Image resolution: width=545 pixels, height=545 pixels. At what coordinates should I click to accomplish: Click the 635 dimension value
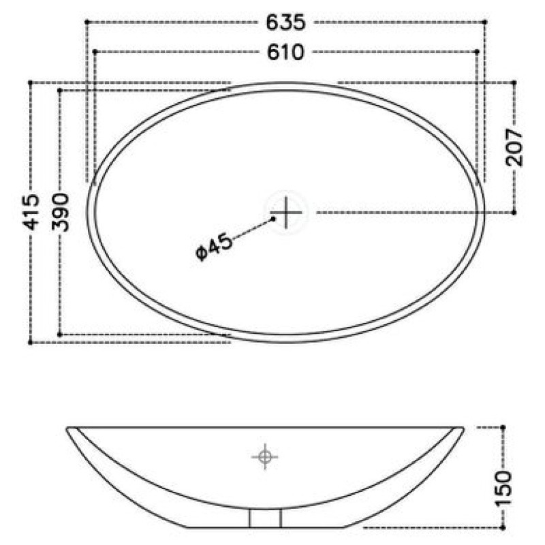pos(285,22)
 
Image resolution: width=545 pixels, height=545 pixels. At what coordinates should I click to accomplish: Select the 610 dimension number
pos(285,52)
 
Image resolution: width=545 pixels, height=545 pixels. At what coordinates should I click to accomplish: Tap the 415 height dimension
pos(31,212)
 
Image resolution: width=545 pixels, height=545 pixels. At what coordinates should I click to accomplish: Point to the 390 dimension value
pos(61,212)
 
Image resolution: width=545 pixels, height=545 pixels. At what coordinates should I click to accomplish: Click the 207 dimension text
pos(514,147)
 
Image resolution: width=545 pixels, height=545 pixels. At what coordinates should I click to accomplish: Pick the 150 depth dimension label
pos(503,488)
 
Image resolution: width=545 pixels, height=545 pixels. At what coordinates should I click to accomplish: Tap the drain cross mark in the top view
pos(286,213)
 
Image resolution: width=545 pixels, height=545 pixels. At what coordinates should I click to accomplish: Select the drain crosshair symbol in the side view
pos(265,456)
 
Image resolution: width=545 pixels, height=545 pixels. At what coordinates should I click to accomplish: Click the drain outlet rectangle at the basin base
pos(265,518)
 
